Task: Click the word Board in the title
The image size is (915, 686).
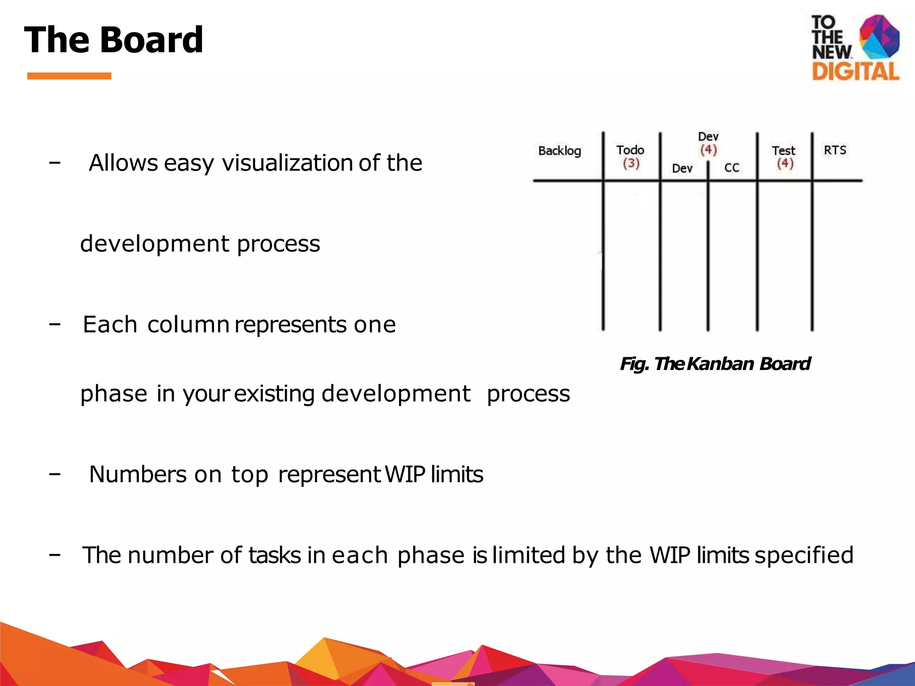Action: coord(152,40)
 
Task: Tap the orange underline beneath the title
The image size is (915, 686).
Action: coord(69,76)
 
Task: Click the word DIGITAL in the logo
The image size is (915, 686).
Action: coord(855,71)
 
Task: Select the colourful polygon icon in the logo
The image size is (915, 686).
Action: coord(879,37)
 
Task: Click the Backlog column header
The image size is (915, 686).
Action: coord(559,151)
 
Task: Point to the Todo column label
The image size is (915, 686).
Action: coord(630,150)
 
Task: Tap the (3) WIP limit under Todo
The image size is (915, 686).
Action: coord(631,163)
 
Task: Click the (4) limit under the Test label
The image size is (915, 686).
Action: coord(785,163)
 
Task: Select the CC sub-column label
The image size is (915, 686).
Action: coord(732,168)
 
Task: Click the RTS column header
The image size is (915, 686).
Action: coord(835,150)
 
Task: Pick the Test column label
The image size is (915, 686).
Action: coord(783,151)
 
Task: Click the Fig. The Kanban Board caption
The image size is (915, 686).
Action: coord(715,364)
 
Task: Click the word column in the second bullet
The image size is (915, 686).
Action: coord(188,324)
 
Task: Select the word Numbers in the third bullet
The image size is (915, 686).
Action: coord(138,474)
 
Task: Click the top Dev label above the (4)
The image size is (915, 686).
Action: coord(708,137)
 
